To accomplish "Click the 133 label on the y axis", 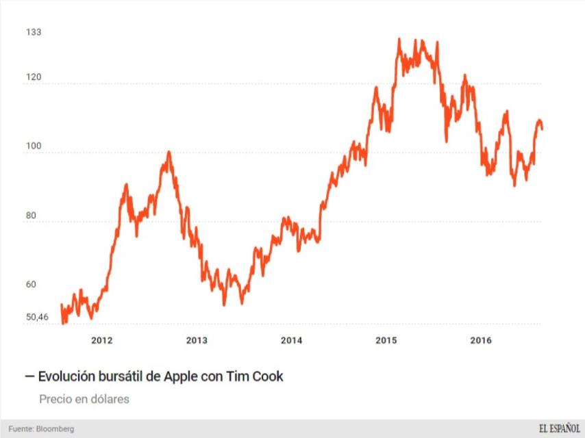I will [34, 32].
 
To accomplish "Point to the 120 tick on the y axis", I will [34, 77].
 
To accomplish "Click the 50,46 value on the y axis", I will [37, 317].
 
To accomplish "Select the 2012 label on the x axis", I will [101, 340].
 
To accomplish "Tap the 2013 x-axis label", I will [197, 340].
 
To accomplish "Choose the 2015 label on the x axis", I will [386, 340].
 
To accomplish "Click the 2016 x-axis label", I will [481, 340].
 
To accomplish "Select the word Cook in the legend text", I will [268, 376].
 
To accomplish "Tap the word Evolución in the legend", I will [66, 376].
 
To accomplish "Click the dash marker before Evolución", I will [29, 376].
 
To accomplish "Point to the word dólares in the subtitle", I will [110, 398].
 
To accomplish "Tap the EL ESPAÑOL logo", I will [558, 429].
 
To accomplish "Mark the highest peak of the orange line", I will [399, 40].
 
